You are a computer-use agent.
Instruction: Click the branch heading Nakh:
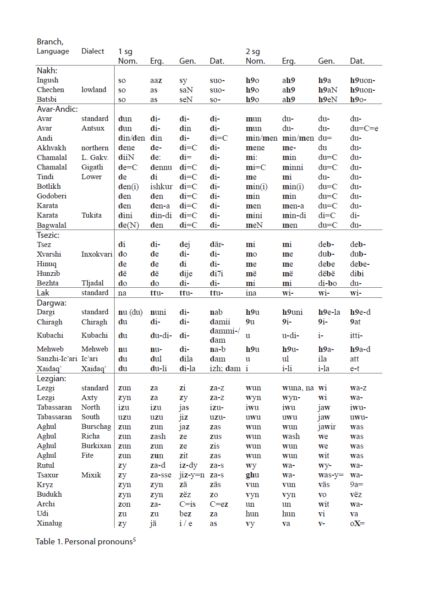tap(47, 71)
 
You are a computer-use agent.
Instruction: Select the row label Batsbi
tap(47, 99)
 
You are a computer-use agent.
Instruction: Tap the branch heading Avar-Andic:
tap(57, 109)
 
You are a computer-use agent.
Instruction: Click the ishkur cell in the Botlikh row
tap(161, 186)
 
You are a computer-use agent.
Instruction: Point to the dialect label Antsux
tap(93, 128)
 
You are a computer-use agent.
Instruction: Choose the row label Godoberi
tap(52, 196)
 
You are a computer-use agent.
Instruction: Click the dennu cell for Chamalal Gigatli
tap(161, 167)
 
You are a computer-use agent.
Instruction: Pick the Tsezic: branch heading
tap(48, 235)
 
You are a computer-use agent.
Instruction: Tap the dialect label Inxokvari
tap(97, 254)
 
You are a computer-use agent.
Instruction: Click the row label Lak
tap(43, 293)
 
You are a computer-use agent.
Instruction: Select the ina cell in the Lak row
tap(251, 293)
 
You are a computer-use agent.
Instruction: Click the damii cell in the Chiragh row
tap(220, 322)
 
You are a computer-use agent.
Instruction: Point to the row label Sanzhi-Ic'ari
tap(57, 359)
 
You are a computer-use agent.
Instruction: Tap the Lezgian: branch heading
tap(51, 378)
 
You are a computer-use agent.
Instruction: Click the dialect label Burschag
tap(96, 427)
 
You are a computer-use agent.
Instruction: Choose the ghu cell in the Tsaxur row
tap(252, 475)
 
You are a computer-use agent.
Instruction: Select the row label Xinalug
tap(50, 523)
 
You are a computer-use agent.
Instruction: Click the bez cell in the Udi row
tap(185, 514)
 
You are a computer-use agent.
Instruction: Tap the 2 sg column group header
tap(253, 51)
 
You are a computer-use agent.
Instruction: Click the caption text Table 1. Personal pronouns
tap(85, 542)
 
